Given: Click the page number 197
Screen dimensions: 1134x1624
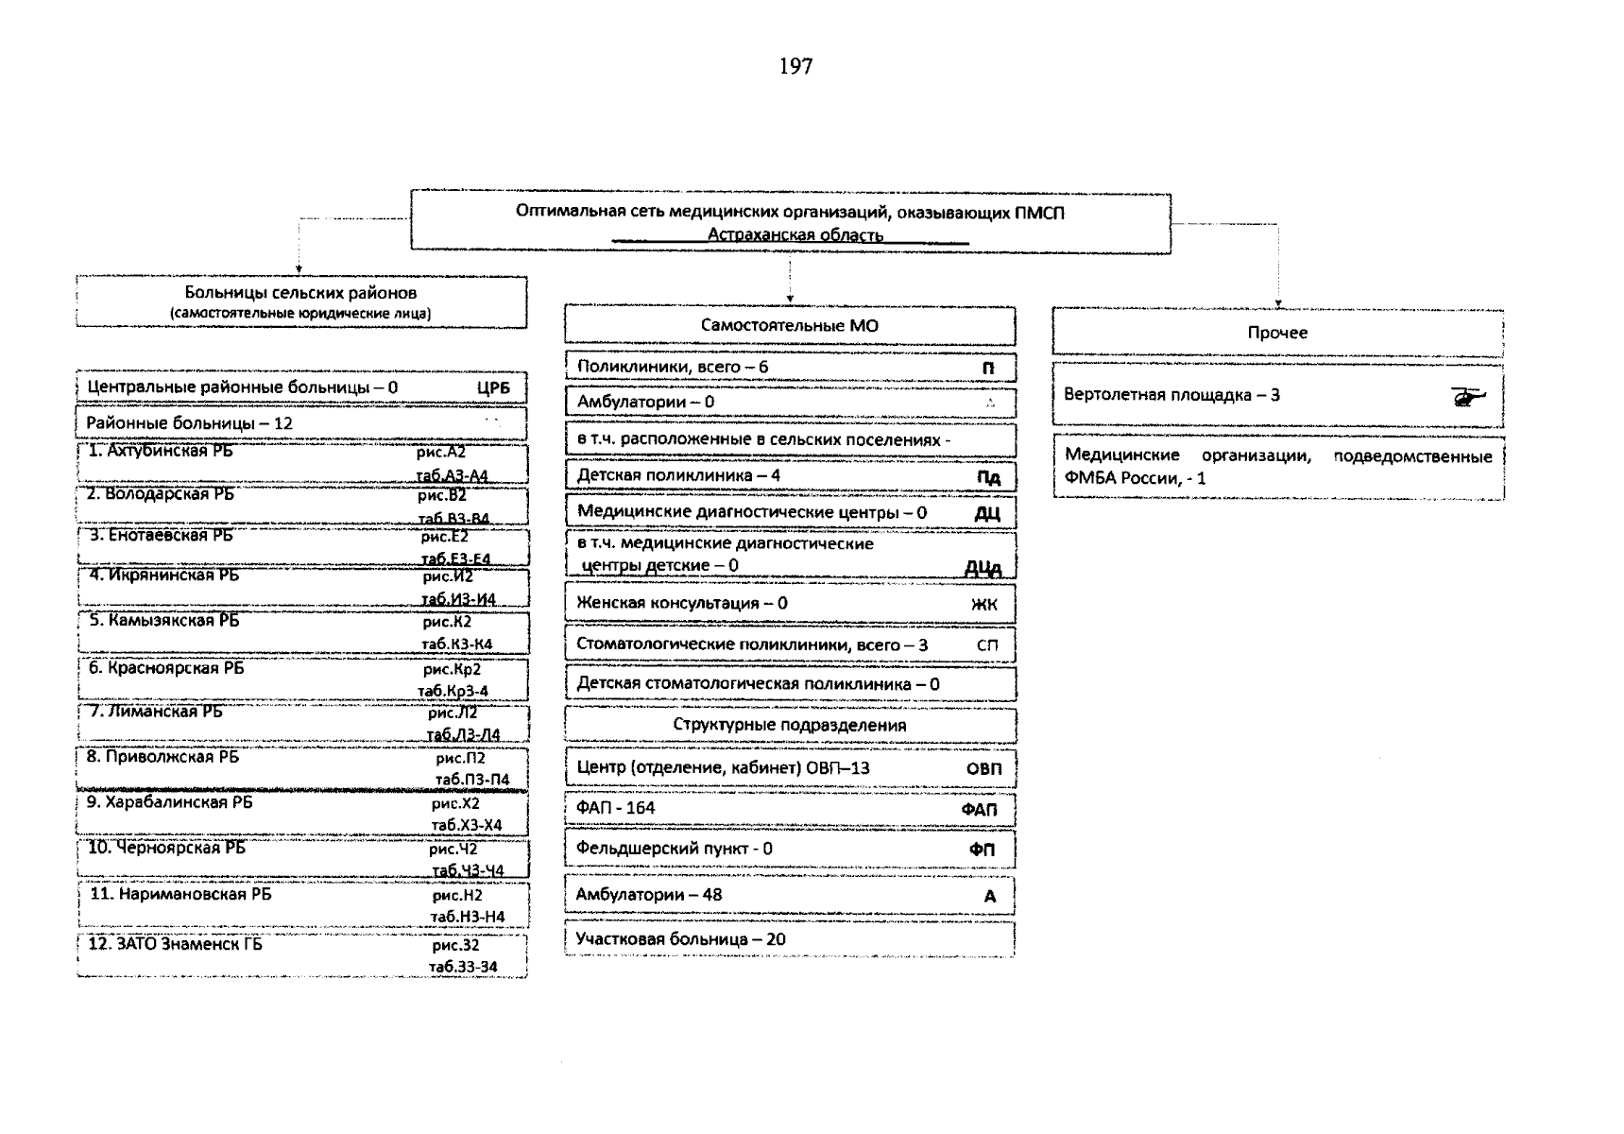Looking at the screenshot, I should tap(795, 66).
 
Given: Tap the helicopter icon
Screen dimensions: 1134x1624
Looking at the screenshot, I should tap(1467, 397).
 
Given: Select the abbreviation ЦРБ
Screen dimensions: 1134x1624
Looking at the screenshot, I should tap(493, 387).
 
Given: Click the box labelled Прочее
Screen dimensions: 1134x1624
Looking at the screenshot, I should tap(1277, 333).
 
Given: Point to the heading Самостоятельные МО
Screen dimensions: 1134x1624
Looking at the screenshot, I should tap(789, 326).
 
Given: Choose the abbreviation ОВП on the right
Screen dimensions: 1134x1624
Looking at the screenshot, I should tap(983, 768).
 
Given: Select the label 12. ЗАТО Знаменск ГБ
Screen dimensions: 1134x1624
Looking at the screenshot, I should tap(175, 943).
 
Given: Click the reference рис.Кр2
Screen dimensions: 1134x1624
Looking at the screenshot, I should tap(452, 669).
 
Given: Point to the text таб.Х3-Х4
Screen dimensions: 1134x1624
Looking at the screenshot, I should tap(466, 825).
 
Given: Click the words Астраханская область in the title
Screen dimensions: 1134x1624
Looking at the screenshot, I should tap(795, 234).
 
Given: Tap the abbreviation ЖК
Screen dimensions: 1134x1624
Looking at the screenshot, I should tap(983, 604).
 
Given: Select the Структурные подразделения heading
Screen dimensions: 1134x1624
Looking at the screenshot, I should tap(789, 726).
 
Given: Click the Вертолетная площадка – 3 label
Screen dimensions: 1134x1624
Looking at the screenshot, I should tap(1171, 395).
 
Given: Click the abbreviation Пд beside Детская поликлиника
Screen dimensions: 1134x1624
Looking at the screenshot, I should tap(987, 476).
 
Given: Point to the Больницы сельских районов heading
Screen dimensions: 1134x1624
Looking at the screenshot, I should tap(300, 294).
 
